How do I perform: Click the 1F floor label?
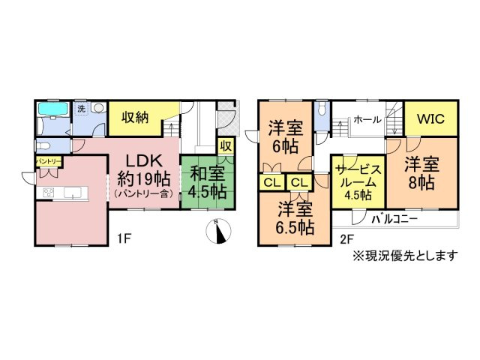[124, 240]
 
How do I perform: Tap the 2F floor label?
[346, 240]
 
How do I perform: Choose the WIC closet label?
[431, 118]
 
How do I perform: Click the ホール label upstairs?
[366, 120]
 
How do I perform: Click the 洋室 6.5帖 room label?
[294, 217]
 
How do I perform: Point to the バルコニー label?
[395, 219]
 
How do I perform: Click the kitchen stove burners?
[49, 194]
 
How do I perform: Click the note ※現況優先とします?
[405, 256]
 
